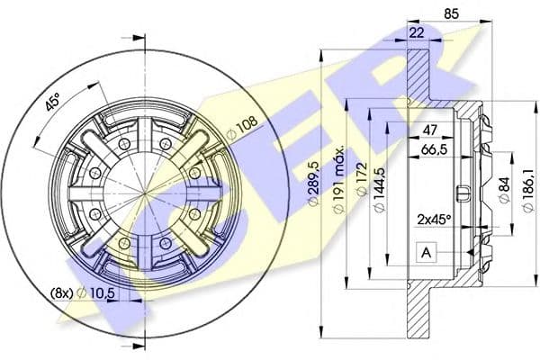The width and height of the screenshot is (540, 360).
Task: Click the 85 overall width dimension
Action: click(452, 14)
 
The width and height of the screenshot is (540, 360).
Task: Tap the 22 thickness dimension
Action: click(417, 32)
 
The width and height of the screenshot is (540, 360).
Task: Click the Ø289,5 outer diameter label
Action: click(314, 183)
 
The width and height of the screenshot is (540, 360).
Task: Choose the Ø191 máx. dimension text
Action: click(339, 179)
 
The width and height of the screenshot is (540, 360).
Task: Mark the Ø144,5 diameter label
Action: click(379, 190)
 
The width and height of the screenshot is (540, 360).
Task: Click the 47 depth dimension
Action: click(430, 130)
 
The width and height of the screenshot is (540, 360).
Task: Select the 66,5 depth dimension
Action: click(435, 149)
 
